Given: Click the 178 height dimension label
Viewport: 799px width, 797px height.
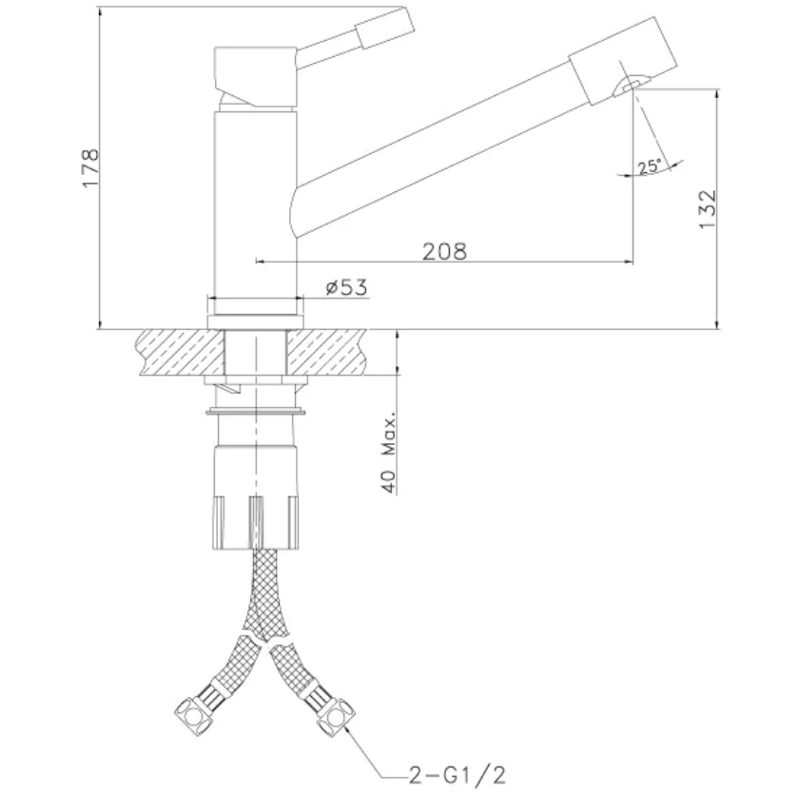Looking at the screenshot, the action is coord(90,168).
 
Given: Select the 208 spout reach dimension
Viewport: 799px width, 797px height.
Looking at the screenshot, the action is coord(444,251).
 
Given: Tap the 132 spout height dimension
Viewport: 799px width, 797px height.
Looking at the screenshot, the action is coord(708,209).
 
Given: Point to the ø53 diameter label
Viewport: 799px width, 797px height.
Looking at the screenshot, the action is coord(346,287).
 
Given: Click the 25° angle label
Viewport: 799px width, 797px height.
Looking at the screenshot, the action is coord(650,166).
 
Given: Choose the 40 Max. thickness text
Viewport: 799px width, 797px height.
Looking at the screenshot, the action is coord(389,452).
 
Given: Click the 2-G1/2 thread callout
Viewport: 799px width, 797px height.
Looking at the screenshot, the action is coord(458,775).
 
